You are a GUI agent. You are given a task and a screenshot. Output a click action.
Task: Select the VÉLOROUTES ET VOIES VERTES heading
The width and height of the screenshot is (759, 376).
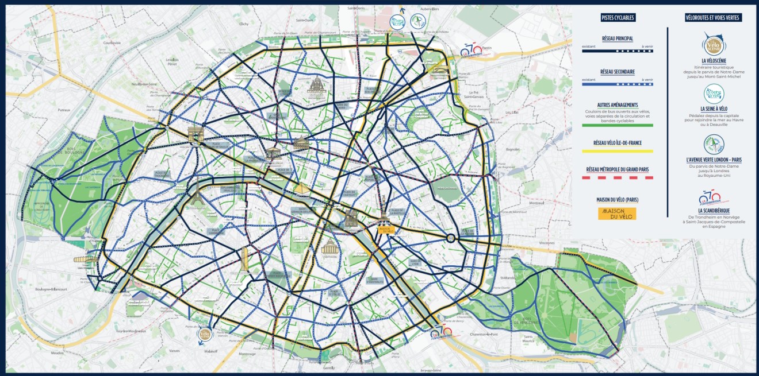pos(713,18)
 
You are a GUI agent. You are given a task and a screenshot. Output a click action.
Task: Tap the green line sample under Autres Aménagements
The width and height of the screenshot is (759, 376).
pos(617,125)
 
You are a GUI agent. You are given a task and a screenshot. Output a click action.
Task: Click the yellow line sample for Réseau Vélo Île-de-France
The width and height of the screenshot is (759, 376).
pos(617,151)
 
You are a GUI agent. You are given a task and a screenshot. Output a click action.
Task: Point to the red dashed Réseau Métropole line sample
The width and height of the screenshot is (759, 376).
pos(617,178)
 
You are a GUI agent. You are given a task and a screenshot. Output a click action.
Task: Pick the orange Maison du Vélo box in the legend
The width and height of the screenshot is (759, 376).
pos(617,213)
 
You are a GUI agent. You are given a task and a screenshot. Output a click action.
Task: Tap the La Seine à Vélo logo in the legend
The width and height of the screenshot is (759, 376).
pos(714,94)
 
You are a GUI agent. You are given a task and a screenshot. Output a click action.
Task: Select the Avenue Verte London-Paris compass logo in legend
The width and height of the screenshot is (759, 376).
pos(714,144)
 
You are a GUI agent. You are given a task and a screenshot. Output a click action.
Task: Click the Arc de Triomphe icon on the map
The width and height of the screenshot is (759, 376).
pos(195,135)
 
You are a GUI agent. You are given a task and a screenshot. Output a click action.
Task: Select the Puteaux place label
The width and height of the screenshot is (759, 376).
pos(63,109)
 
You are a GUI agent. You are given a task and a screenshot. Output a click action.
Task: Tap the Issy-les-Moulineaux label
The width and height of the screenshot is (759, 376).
pos(131,331)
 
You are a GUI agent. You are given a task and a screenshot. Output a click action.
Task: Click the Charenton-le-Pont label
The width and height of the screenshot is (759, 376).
pos(485,334)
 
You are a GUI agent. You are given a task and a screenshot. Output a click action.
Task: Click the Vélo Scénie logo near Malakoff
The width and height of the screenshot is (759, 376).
pos(204,334)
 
